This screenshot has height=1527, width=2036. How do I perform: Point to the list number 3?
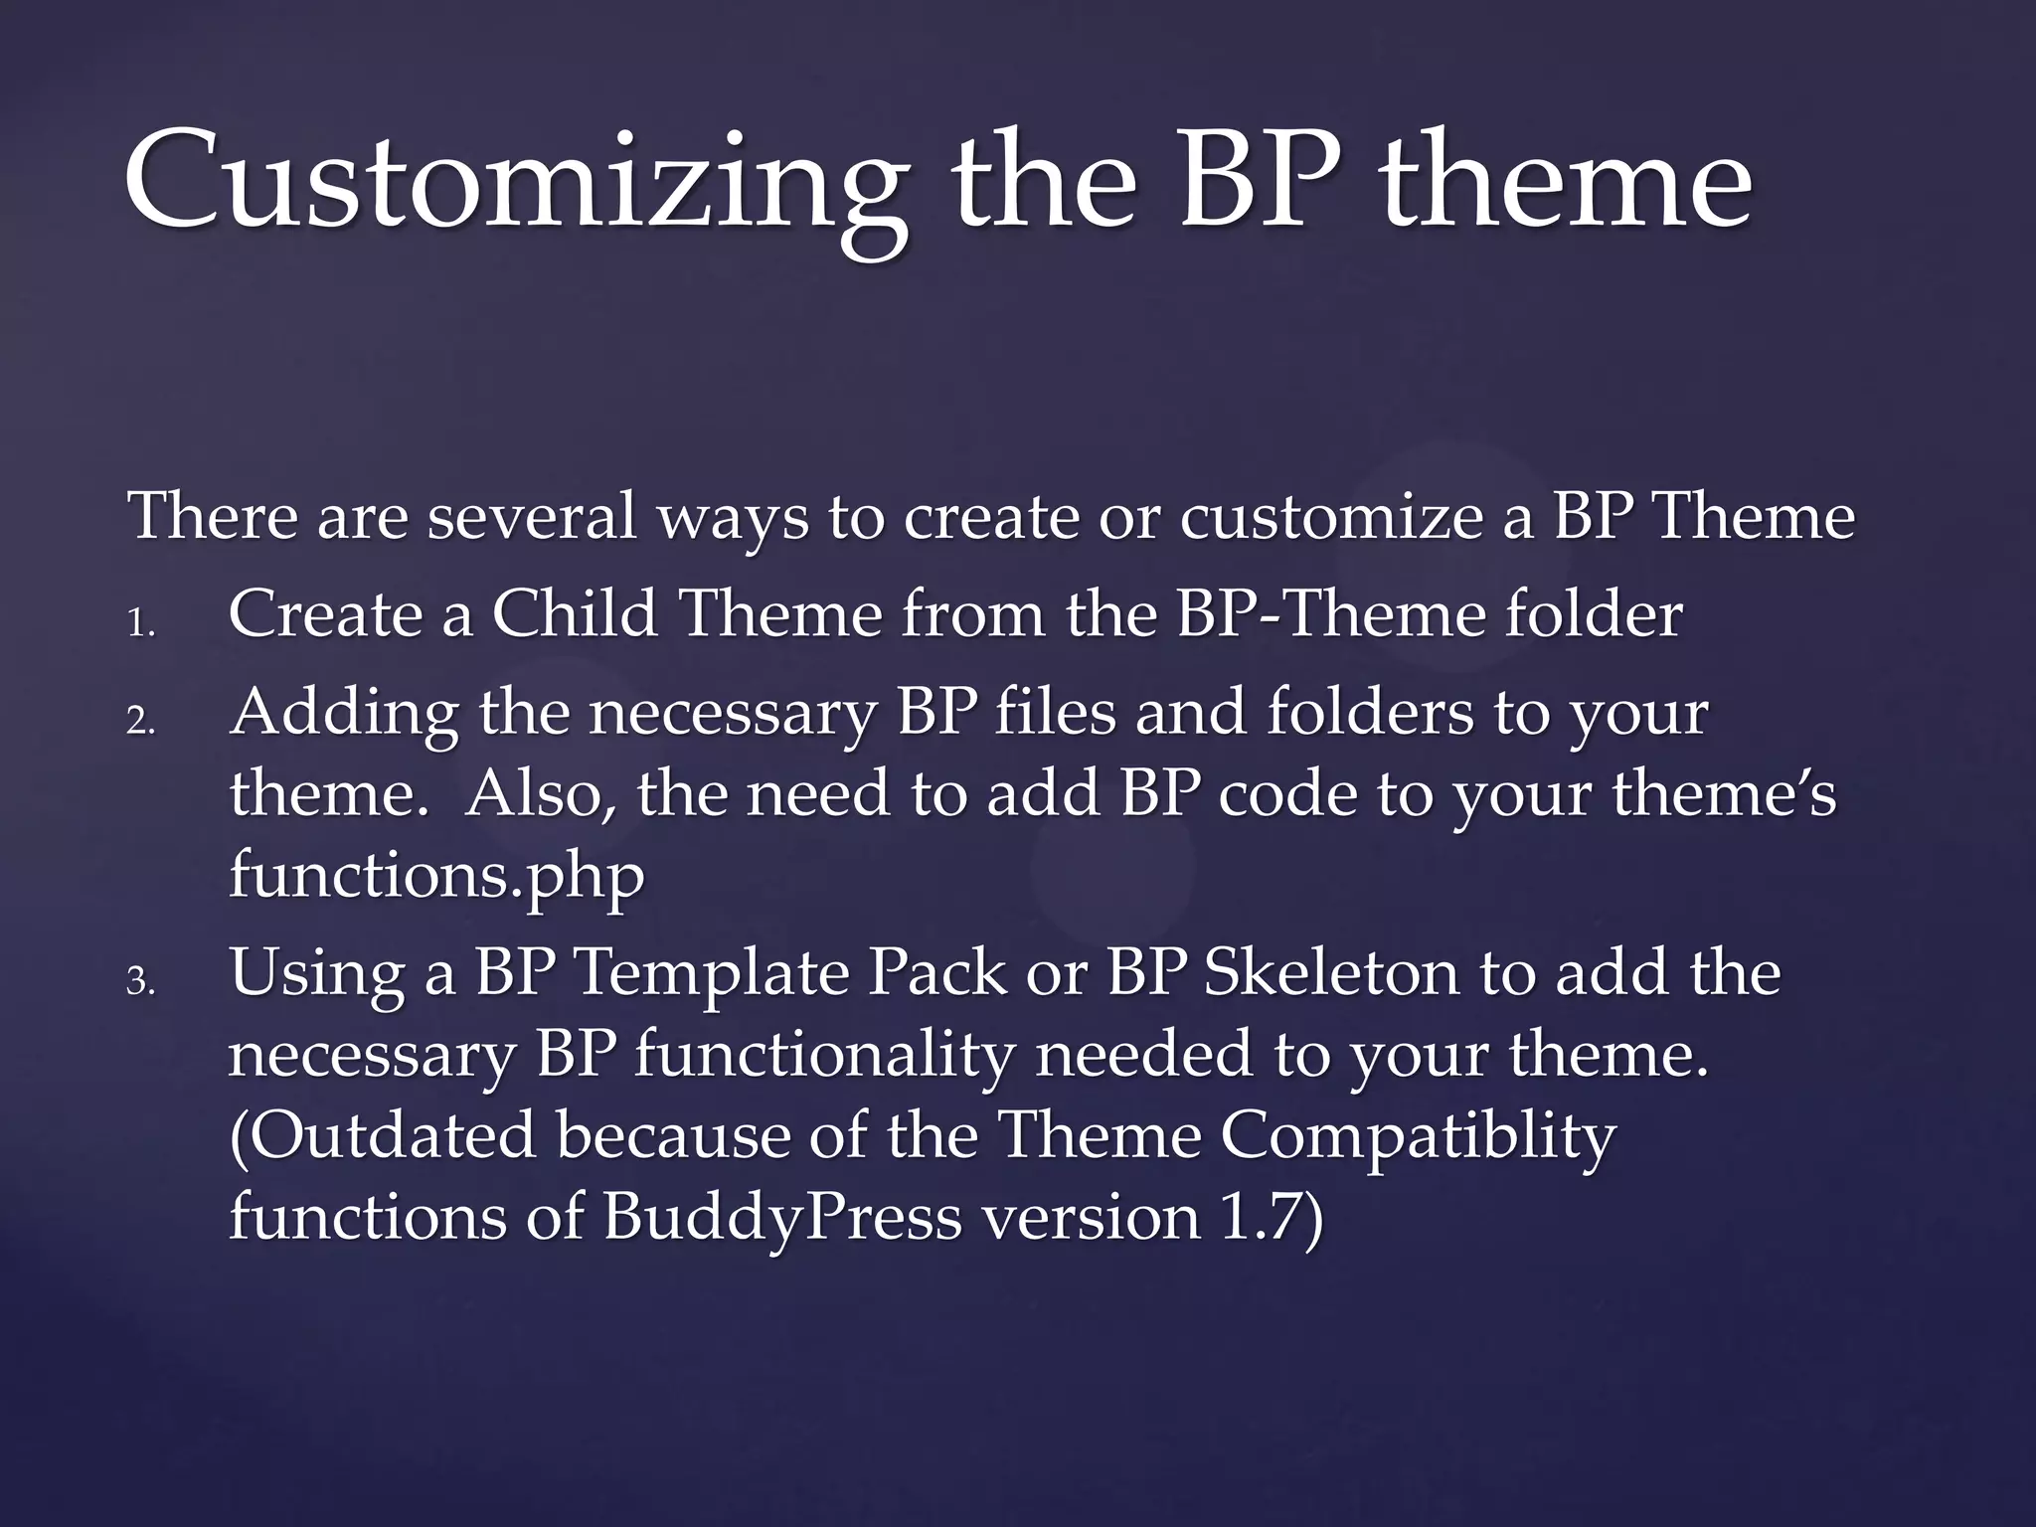(x=141, y=982)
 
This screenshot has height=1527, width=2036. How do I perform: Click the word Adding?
(x=344, y=713)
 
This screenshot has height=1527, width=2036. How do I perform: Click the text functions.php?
(x=436, y=875)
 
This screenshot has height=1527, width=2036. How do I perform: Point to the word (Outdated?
(x=383, y=1134)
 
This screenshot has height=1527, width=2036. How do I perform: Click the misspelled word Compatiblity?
(x=1418, y=1134)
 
